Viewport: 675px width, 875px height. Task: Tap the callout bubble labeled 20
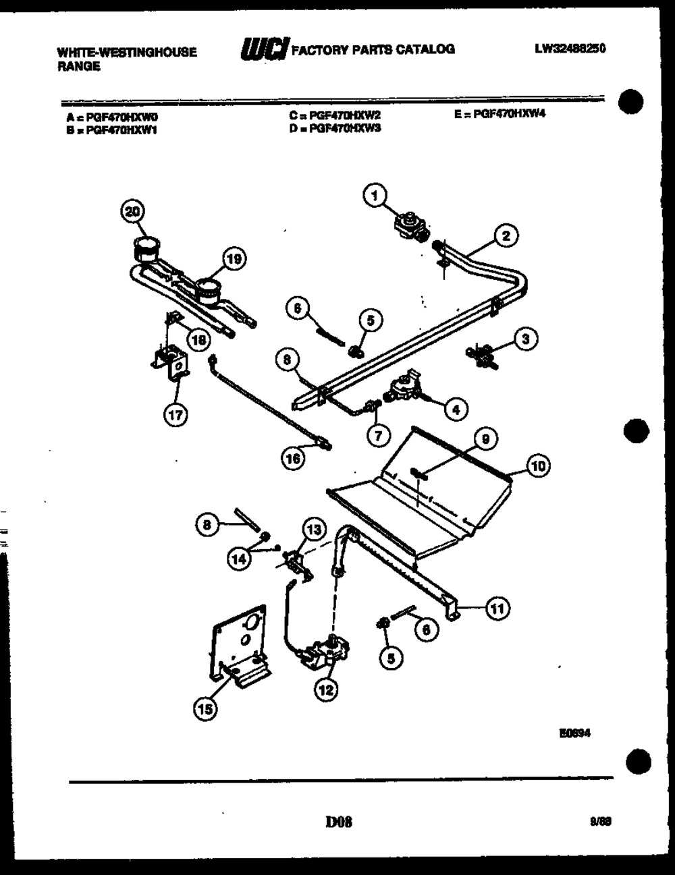pyautogui.click(x=132, y=211)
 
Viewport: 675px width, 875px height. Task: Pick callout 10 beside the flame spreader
pyautogui.click(x=538, y=465)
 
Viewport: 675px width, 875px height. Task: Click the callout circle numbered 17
pyautogui.click(x=176, y=416)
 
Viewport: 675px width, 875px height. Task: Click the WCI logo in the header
pyautogui.click(x=265, y=50)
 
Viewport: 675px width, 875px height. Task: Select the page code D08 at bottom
pyautogui.click(x=339, y=822)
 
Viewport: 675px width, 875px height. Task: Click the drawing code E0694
pyautogui.click(x=574, y=733)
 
